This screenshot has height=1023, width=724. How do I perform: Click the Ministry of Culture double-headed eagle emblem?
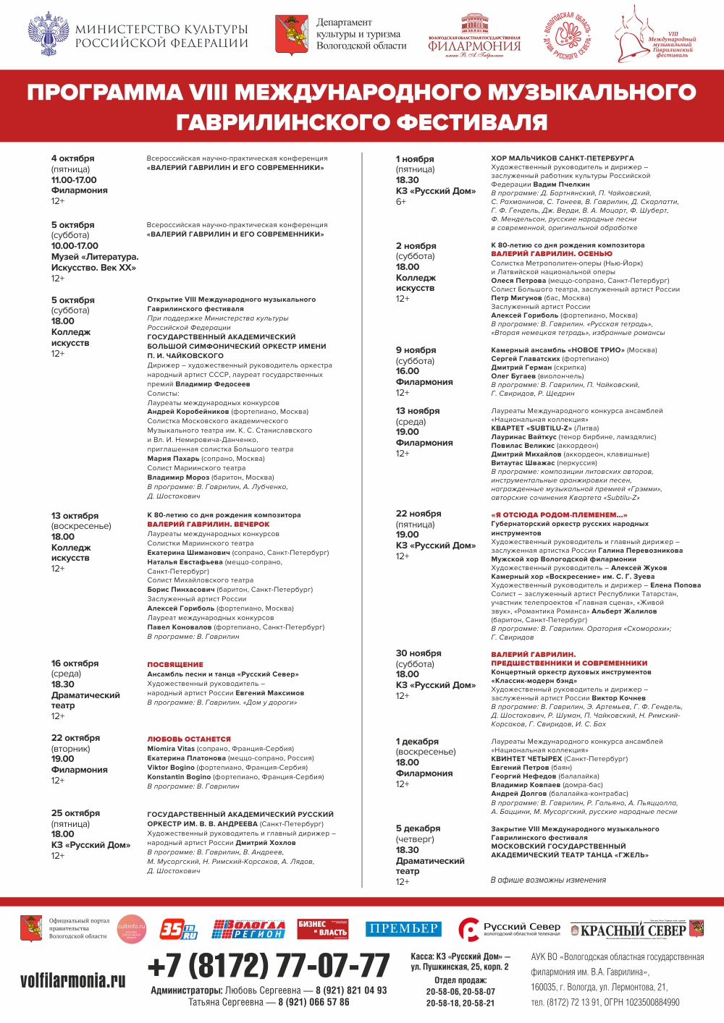(49, 34)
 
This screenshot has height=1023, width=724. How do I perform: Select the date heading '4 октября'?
(72, 158)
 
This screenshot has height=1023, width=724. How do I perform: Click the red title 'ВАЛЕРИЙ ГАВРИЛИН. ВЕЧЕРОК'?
(209, 524)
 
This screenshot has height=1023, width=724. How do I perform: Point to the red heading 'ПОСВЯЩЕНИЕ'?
(175, 664)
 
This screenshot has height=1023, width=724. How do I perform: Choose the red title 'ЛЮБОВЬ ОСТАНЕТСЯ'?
(189, 739)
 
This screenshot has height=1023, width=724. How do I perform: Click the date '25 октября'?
(75, 813)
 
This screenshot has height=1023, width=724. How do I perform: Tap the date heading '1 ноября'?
(415, 159)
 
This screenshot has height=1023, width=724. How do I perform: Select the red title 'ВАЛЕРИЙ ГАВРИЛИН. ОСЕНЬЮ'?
(552, 254)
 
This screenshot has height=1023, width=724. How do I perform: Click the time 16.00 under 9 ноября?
(408, 371)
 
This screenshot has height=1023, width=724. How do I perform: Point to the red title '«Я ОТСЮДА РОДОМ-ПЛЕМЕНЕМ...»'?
(559, 515)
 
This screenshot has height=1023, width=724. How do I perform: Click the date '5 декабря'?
(418, 828)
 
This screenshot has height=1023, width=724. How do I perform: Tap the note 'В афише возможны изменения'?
(548, 880)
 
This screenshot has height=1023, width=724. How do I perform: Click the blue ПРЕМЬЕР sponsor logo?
(403, 929)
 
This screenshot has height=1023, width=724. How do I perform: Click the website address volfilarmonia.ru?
(72, 981)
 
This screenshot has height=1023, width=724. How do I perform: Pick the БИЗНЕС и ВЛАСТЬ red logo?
(323, 928)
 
